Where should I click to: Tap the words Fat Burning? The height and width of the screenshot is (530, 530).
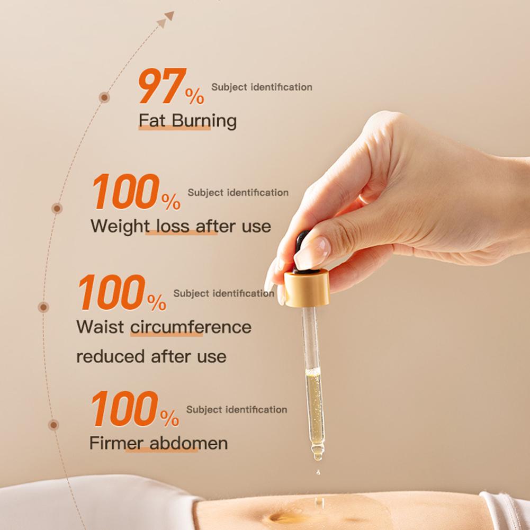(x=187, y=121)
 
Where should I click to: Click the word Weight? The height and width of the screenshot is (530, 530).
(x=120, y=226)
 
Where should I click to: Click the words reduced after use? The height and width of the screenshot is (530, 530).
(x=151, y=356)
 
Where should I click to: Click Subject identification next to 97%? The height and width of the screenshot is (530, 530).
(x=262, y=87)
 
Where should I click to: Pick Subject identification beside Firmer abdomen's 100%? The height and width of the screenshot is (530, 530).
(x=237, y=409)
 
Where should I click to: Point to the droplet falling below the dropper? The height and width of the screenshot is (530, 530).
(x=317, y=471)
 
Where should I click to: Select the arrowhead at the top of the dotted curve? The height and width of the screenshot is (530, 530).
(x=169, y=16)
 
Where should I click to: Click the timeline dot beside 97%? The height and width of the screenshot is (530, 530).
(x=105, y=97)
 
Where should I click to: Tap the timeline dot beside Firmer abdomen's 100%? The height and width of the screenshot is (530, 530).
(x=53, y=425)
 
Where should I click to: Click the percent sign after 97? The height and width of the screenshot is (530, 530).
(x=194, y=96)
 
